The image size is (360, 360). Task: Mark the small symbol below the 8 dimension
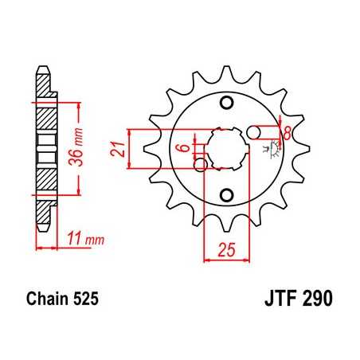276,147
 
